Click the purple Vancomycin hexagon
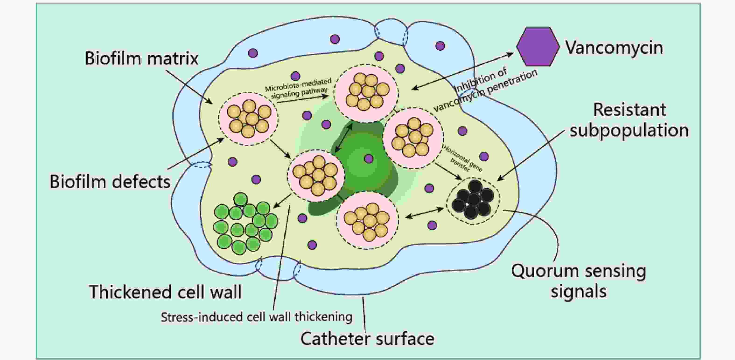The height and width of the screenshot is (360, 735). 538,47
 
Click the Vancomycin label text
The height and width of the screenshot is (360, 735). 614,48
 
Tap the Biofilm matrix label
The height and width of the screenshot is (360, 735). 142,59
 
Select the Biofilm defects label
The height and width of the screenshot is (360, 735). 110,182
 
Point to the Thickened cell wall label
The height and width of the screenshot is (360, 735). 165,292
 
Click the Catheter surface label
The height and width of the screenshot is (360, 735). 367,339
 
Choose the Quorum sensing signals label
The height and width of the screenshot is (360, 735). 579,281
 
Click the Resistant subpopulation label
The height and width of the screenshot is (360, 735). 630,120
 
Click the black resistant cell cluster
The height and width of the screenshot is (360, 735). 473,201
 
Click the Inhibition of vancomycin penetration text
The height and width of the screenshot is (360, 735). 485,89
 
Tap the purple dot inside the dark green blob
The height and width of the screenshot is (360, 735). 369,159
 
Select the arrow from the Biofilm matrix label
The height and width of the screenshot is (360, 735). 189,87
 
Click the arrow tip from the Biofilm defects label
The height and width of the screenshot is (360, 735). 224,138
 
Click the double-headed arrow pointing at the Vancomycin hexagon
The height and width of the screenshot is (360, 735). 462,71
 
